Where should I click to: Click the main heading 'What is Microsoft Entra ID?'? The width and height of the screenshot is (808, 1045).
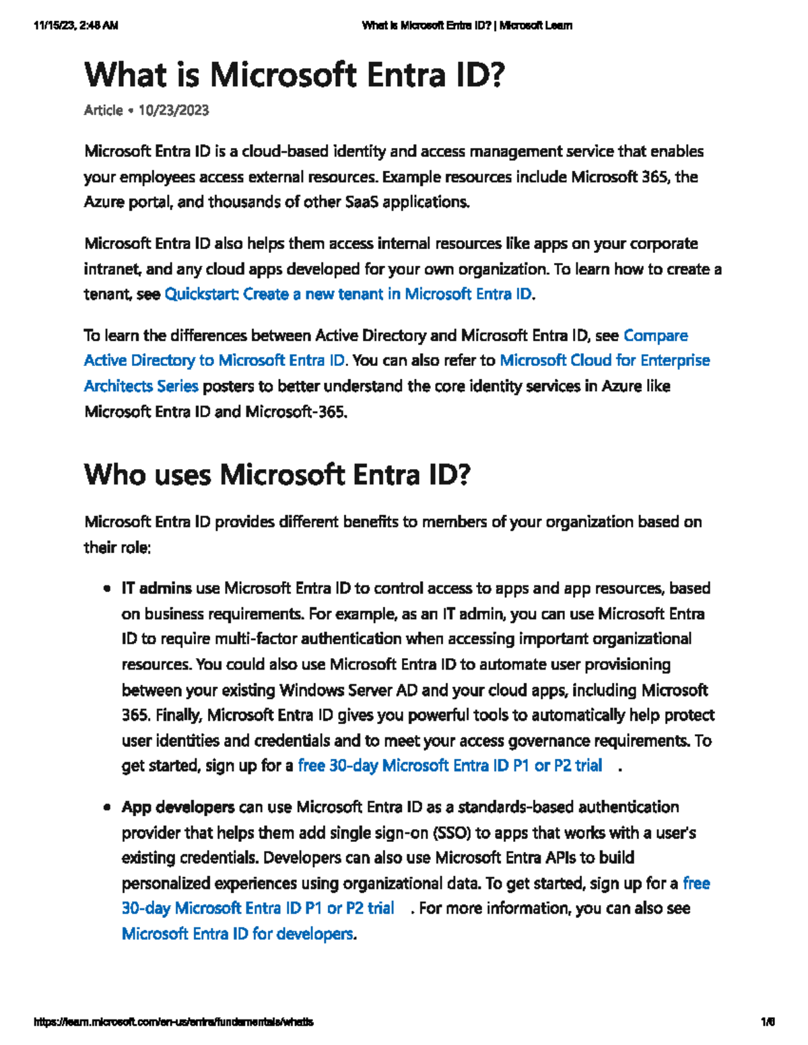[294, 75]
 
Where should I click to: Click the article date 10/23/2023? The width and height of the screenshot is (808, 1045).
[173, 110]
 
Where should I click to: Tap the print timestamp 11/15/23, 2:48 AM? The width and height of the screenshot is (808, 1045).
[75, 26]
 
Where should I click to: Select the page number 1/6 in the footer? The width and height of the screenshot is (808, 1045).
[767, 1021]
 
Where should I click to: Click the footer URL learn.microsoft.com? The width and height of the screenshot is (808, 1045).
[173, 1021]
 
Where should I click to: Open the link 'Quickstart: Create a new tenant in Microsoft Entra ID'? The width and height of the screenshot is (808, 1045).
[347, 294]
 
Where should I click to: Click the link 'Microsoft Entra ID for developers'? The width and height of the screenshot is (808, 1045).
[237, 933]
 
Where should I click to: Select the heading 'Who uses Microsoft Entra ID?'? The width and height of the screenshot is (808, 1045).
[277, 474]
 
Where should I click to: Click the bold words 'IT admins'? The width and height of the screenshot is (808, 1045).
[156, 588]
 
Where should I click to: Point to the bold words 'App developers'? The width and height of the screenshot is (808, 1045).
[178, 807]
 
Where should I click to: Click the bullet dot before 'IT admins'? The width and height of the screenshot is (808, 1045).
[106, 589]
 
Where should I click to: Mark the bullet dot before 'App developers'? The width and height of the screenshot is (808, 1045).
[106, 807]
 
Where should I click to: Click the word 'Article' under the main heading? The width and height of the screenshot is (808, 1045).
[103, 110]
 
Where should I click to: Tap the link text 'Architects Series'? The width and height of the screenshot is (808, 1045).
[141, 386]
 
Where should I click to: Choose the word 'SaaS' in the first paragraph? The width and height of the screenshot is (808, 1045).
[362, 202]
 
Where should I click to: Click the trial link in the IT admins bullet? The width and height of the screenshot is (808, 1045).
[449, 765]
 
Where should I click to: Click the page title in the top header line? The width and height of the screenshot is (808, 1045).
[467, 26]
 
